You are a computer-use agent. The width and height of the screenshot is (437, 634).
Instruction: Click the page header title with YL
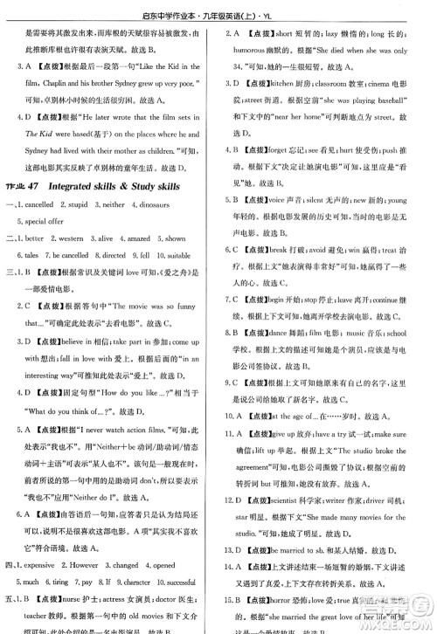[x=218, y=10]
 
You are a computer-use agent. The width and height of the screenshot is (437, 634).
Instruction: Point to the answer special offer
[x=51, y=222]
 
